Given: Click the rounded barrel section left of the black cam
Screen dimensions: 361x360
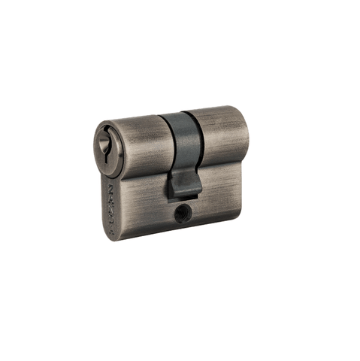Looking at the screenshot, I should coord(143,143).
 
